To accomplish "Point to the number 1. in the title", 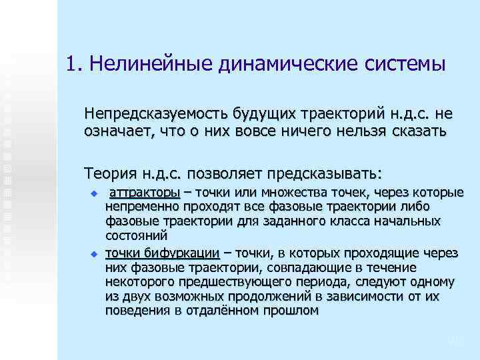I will click(74, 65).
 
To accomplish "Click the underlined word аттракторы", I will click(145, 193).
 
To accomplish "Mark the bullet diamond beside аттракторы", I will click(94, 193).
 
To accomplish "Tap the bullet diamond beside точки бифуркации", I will click(94, 254).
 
